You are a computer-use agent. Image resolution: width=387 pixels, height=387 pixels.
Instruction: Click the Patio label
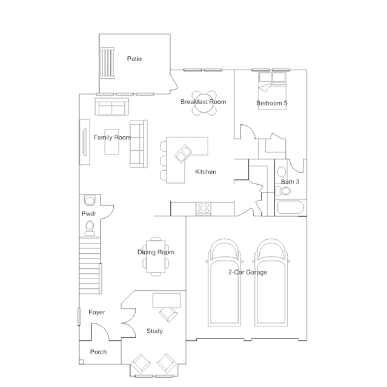(134, 59)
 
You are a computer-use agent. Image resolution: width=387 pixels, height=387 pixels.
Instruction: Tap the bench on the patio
(108, 63)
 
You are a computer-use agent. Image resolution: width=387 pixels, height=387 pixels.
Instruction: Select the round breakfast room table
(204, 103)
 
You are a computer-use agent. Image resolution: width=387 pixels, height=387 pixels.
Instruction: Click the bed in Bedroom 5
(272, 91)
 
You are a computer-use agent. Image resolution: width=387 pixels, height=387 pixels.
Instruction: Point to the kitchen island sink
(183, 153)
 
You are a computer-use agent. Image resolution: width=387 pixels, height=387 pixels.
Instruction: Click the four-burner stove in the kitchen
(203, 208)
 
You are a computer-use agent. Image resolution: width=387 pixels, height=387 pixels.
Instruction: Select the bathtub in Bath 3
(291, 208)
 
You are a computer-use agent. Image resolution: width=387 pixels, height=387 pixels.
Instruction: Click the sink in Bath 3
(282, 171)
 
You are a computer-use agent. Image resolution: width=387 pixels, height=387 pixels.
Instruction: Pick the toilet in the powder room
(90, 228)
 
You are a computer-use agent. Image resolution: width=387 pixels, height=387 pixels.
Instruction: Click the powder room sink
(90, 200)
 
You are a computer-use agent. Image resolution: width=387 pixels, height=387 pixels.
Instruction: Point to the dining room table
(156, 256)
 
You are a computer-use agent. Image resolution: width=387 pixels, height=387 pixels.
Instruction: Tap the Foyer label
(97, 313)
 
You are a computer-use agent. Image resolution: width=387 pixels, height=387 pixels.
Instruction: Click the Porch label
(98, 352)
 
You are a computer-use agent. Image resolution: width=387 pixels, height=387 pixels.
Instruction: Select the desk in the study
(167, 300)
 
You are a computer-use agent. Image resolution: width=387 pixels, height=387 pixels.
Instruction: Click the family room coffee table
(111, 142)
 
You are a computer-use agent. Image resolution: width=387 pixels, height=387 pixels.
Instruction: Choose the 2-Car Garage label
(248, 273)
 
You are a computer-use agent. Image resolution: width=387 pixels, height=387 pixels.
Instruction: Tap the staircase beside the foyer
(90, 265)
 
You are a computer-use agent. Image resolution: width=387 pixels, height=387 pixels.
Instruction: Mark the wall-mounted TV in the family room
(85, 142)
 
